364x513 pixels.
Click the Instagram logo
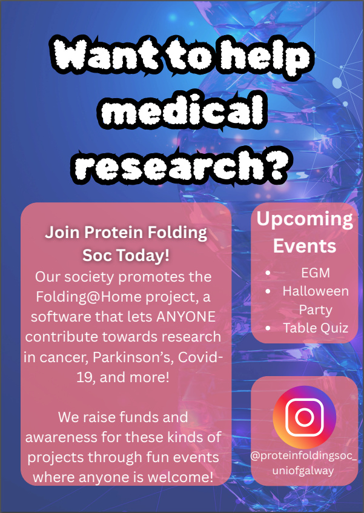[x=304, y=417]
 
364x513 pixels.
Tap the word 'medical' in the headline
[x=182, y=111]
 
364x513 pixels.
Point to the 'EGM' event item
[x=316, y=273]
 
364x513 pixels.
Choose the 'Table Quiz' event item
[x=316, y=328]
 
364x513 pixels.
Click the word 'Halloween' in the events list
[x=316, y=291]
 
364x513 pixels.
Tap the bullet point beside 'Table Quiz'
[x=268, y=328]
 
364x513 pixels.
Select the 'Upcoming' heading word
[x=305, y=219]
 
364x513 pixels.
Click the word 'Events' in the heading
[x=305, y=246]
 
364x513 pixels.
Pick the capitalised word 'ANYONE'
[x=185, y=317]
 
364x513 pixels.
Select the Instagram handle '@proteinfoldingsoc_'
[x=303, y=455]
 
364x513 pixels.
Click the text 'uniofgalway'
[x=303, y=471]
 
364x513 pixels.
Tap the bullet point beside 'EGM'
[x=268, y=273]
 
